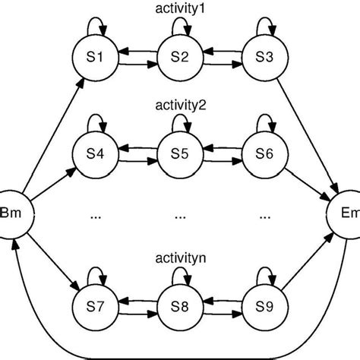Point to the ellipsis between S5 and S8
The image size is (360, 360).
point(179,216)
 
